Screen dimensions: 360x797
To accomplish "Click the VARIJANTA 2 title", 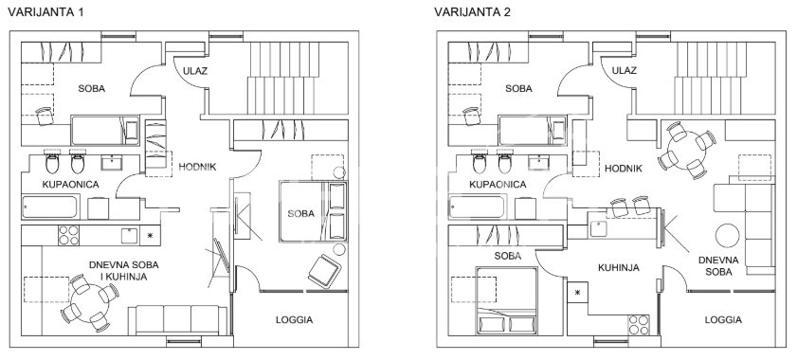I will pos(473,14).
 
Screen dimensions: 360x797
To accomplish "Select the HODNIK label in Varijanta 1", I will pos(199,167).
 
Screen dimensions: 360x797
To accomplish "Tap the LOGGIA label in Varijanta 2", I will pos(723,319).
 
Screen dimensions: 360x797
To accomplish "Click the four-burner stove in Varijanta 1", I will pos(69,234).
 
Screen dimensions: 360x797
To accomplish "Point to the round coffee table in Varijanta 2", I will pos(729,233).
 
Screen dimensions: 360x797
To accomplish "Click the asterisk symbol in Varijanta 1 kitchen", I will pos(150,234).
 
